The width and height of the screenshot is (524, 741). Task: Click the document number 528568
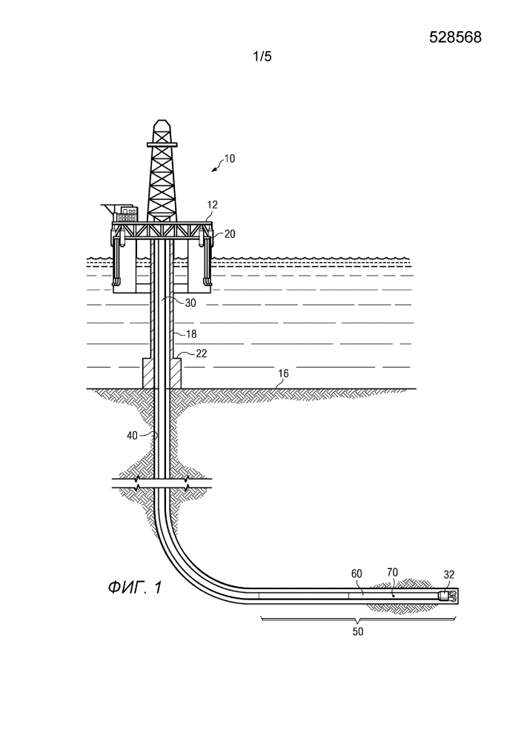tap(455, 39)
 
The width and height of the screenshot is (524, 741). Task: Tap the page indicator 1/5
tap(262, 56)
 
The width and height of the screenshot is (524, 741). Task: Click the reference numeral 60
tap(356, 573)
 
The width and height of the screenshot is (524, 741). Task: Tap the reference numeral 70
tap(394, 572)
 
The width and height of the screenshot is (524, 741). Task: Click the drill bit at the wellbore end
tap(446, 596)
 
